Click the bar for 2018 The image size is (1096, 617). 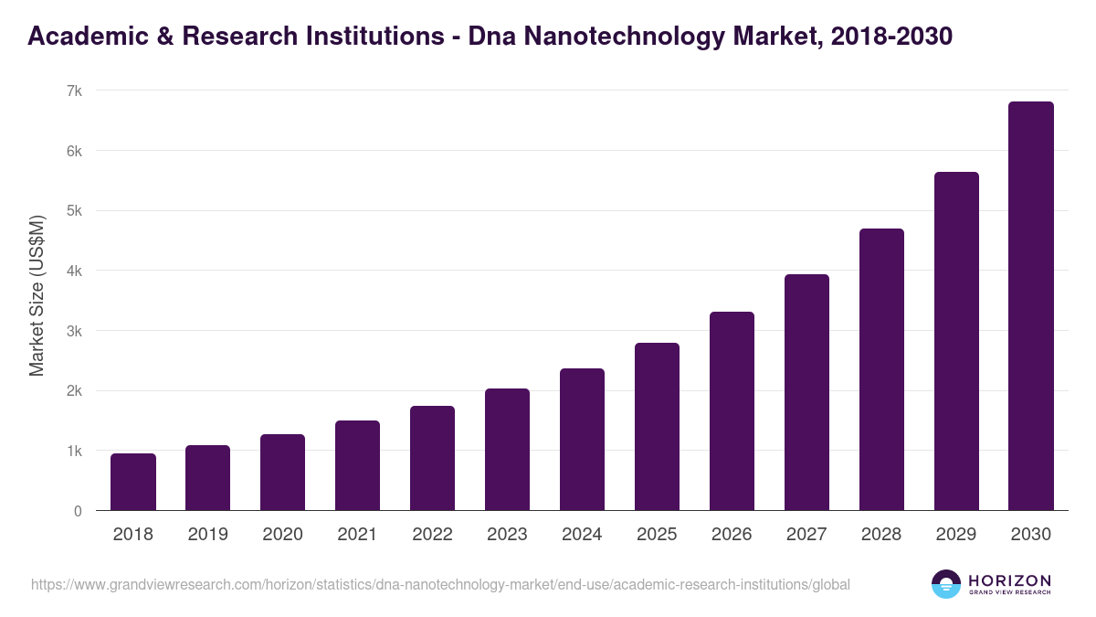133,482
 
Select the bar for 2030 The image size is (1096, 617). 1031,306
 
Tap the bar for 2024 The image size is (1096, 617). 582,440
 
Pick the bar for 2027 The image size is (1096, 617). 806,392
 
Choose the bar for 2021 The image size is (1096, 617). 357,465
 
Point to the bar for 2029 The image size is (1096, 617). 956,341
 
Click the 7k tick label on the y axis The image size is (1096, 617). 74,90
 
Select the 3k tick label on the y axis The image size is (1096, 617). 74,331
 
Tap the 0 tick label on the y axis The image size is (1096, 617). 78,511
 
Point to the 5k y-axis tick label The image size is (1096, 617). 74,210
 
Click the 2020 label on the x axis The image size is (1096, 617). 282,535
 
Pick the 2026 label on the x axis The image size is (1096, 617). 732,535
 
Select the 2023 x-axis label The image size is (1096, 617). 507,535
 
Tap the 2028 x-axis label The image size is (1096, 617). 881,535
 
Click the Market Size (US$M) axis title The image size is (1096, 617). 37,296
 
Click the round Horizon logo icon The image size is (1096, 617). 946,584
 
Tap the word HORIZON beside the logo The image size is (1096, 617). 1009,580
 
